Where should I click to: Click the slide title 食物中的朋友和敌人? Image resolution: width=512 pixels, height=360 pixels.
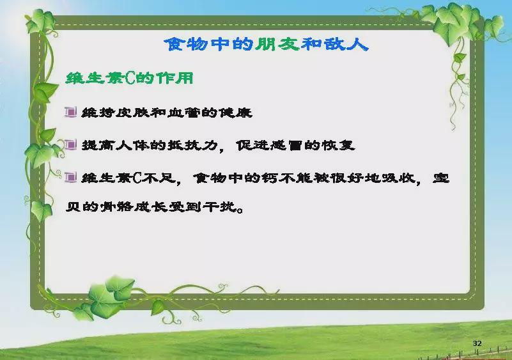pos(266,44)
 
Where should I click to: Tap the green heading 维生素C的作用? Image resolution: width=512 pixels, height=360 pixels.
pos(129,79)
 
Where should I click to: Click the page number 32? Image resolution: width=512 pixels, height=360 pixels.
pos(477,343)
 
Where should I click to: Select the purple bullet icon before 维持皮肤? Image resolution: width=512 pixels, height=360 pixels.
pos(70,112)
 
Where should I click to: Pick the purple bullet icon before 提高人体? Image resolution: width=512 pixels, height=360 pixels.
pos(70,145)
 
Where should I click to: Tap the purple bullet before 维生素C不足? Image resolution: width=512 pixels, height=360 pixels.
pos(70,177)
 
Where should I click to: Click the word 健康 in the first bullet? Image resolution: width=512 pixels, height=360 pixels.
pos(235,113)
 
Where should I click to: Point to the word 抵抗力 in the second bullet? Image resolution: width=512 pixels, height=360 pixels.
pos(192,145)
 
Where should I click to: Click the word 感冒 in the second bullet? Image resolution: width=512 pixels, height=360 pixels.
pos(286,145)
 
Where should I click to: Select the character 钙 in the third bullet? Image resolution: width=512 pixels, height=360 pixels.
pos(269,178)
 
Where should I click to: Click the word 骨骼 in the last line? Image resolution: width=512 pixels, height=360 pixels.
pos(116,207)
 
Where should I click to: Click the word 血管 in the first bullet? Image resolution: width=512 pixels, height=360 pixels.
pos(184,113)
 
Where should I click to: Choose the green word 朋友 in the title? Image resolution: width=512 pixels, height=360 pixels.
pos(277,44)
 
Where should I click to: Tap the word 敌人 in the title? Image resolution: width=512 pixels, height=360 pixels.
pos(346,44)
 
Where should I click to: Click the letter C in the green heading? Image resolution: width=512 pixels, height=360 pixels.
pos(129,79)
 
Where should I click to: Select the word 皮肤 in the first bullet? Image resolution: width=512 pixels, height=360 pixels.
pos(132,113)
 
